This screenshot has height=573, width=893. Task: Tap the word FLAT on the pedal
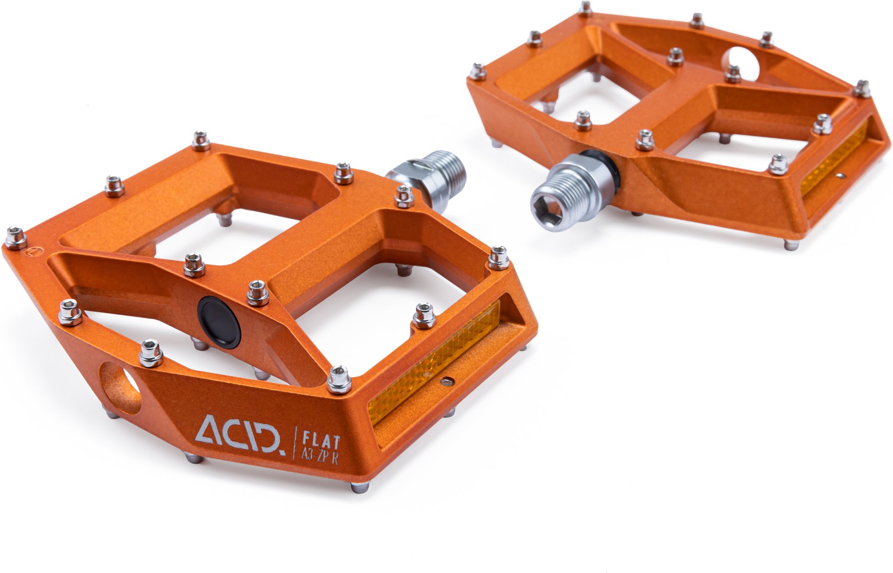tap(321, 440)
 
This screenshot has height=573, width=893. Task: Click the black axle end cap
tap(219, 322)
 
